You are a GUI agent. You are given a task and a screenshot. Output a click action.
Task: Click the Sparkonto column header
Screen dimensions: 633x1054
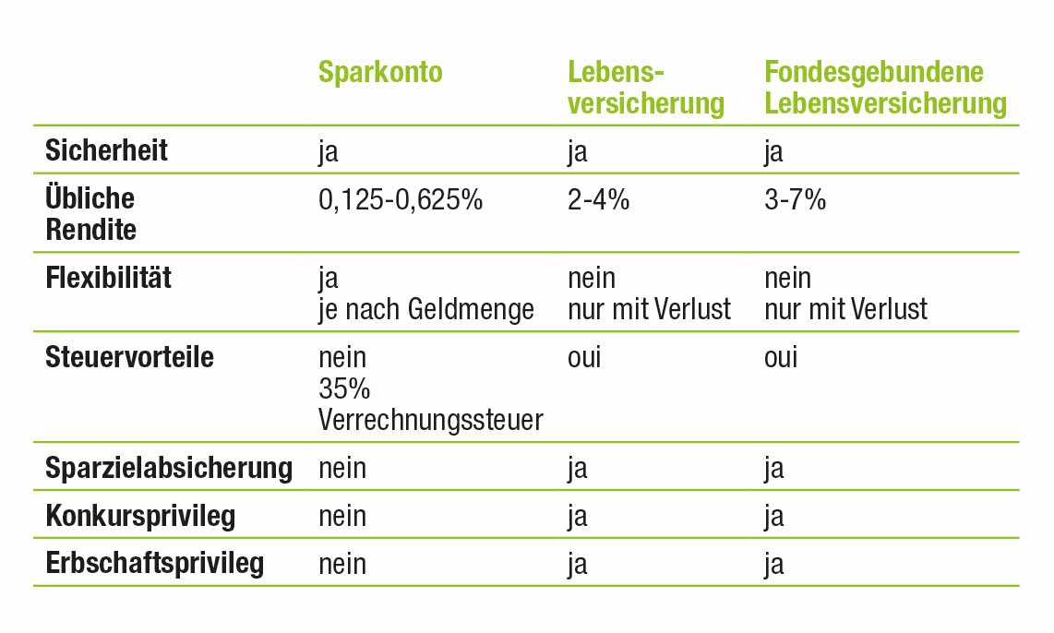tap(380, 73)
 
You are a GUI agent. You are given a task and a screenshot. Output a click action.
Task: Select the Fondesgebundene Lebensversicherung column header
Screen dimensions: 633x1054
tap(884, 88)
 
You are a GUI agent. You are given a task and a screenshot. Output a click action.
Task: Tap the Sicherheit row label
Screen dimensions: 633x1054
tap(107, 150)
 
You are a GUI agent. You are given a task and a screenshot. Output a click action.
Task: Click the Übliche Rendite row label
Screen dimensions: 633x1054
tap(90, 214)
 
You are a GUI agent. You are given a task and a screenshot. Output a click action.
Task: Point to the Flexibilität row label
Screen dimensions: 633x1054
tap(108, 278)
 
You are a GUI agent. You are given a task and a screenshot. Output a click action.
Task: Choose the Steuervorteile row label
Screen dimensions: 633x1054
tap(129, 357)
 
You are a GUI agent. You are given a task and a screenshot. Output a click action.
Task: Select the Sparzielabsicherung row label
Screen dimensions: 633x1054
tap(168, 468)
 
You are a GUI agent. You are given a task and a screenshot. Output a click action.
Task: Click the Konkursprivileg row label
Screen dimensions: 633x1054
tap(140, 516)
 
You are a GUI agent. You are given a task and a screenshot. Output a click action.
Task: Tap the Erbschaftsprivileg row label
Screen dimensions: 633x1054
tap(154, 563)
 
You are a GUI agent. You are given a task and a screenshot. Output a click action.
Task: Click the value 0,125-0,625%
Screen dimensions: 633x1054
tap(401, 199)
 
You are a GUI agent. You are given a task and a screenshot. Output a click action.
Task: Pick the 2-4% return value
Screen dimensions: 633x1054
tap(598, 199)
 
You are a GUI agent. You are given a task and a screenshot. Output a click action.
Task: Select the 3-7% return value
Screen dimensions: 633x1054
tap(795, 199)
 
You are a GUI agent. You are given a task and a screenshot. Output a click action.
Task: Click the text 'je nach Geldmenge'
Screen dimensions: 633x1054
tap(426, 309)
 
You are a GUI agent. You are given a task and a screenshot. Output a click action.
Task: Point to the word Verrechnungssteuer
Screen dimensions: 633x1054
tap(430, 420)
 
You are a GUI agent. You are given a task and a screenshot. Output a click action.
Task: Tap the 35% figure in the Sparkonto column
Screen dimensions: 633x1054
tap(344, 388)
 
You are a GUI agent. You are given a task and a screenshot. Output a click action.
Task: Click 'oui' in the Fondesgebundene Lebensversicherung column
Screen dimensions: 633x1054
tap(781, 357)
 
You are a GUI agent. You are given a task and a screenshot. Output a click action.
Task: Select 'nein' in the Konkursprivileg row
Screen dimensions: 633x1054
tap(342, 516)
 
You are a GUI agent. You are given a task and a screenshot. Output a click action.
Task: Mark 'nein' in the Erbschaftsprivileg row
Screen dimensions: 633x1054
tap(342, 563)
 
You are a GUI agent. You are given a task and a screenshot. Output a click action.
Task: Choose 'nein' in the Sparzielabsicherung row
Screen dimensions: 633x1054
tap(342, 468)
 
